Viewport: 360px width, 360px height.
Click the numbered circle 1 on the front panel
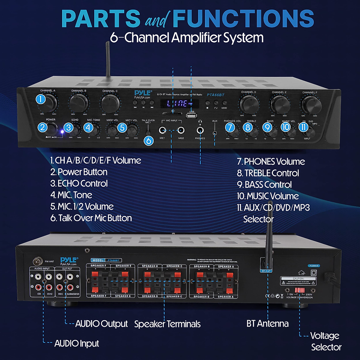point(41,99)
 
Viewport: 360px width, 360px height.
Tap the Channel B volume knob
point(79,103)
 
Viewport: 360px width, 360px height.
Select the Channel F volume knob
point(311,105)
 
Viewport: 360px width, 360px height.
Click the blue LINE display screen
point(179,103)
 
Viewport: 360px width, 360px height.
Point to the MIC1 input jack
point(162,130)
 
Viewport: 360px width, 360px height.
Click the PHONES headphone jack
point(200,130)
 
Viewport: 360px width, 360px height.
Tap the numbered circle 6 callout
point(148,140)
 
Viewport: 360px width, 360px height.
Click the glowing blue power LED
point(62,131)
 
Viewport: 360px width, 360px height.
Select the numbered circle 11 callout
point(303,127)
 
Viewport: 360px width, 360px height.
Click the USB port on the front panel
point(191,115)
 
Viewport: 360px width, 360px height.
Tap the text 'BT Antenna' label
point(267,323)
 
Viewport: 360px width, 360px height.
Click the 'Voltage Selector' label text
point(325,341)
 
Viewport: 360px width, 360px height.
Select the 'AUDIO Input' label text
point(76,343)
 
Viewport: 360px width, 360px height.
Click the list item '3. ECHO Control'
point(79,183)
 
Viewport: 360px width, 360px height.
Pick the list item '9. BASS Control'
point(264,184)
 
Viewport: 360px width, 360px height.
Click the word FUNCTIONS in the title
point(243,19)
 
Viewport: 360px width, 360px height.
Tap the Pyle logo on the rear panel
point(69,260)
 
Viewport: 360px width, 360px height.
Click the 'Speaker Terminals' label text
point(167,324)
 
